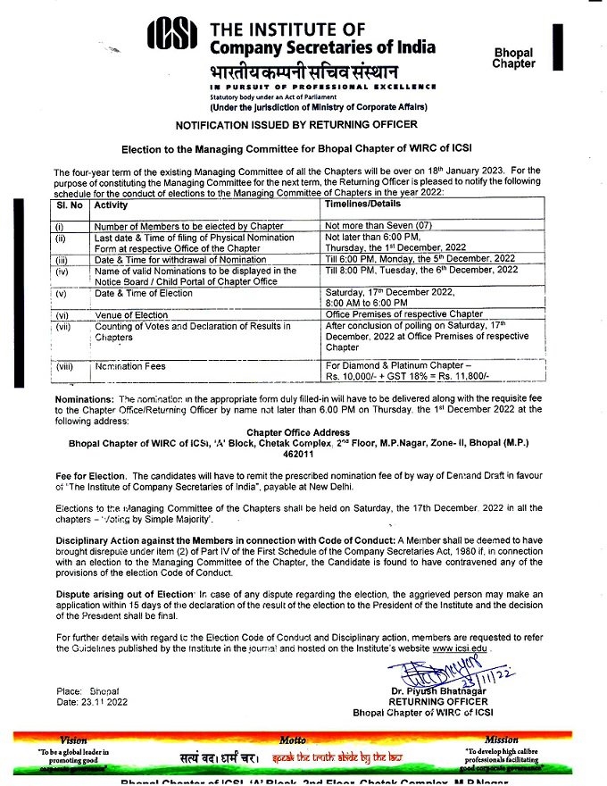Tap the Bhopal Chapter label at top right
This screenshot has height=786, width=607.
click(513, 58)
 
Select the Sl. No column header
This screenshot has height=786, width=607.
click(71, 205)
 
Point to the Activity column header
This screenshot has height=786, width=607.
click(112, 205)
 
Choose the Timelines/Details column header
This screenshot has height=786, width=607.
click(367, 205)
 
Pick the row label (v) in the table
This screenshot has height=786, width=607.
click(62, 293)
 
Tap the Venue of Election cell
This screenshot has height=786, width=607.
click(132, 314)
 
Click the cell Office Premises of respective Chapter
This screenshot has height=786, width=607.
click(404, 314)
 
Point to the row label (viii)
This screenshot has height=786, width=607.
click(64, 366)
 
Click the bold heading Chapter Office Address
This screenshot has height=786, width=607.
click(303, 432)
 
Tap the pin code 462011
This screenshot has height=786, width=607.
click(303, 453)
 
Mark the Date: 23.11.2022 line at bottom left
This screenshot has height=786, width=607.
click(92, 703)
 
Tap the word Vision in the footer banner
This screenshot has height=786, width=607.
click(74, 740)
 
